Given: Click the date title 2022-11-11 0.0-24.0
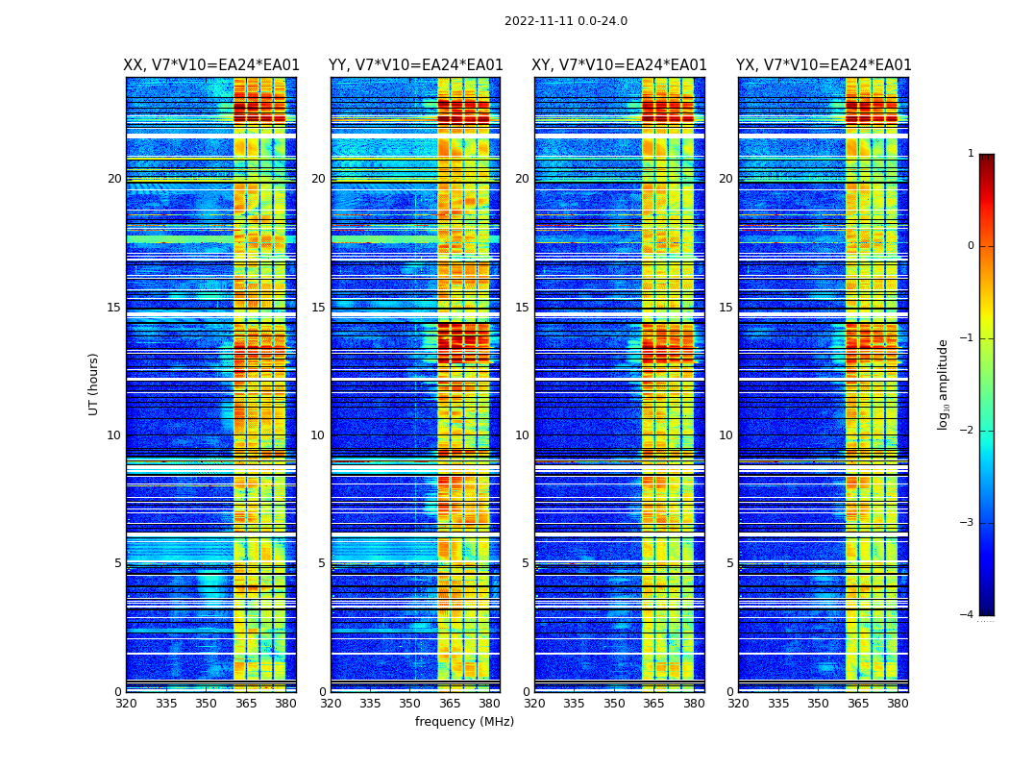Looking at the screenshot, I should (x=566, y=21).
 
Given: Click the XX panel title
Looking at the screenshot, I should (x=211, y=65).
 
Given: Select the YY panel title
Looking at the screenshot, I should (x=416, y=65).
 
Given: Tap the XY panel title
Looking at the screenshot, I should (x=620, y=65).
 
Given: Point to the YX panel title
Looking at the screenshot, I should (x=824, y=65).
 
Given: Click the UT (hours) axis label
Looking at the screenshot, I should (x=93, y=384).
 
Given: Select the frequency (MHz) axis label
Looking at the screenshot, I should (x=464, y=722).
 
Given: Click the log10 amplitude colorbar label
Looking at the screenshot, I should (x=944, y=384).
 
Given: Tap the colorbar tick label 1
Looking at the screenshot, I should (x=970, y=154).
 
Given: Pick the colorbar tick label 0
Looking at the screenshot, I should (x=970, y=246).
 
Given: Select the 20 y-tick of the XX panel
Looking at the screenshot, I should (x=114, y=179).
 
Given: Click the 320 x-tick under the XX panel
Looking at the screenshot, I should (x=127, y=704).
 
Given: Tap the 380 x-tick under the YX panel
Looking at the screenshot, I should (x=898, y=704).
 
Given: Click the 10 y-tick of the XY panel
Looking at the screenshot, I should (x=522, y=435).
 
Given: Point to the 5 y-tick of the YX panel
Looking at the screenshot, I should (x=729, y=563).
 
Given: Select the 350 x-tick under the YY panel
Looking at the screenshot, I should (x=410, y=704).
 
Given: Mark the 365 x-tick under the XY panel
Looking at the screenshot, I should (x=653, y=704).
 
